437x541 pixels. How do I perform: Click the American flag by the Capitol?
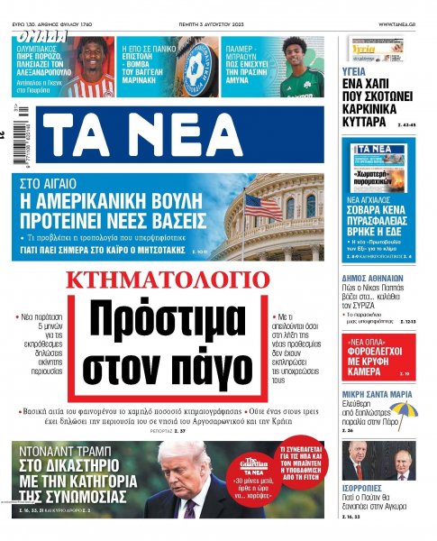[x=261, y=205]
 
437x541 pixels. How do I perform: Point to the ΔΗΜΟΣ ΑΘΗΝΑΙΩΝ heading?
[x=378, y=258]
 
